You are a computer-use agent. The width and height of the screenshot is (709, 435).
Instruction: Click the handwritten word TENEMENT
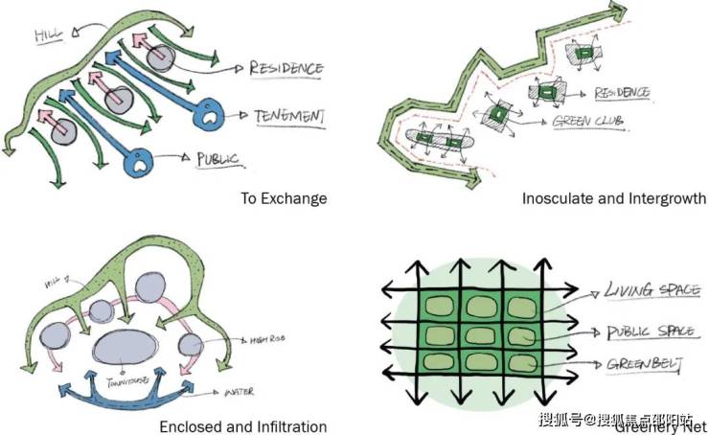[289, 116]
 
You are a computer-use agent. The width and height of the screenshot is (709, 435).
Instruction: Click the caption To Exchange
[283, 198]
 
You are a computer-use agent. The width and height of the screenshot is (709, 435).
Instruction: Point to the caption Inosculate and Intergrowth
[613, 198]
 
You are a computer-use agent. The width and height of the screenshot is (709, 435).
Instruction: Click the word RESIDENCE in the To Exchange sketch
[286, 68]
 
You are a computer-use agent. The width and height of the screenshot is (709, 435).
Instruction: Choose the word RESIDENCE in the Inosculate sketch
[622, 93]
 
